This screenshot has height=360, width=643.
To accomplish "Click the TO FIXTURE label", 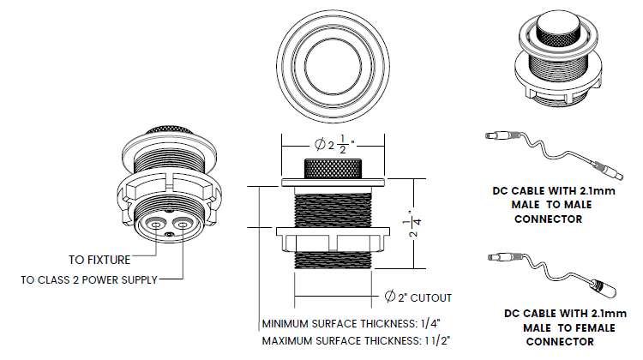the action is tap(99, 260).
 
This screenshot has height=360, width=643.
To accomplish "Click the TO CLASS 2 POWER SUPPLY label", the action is tap(89, 280).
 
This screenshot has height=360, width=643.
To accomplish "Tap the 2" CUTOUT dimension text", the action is tap(424, 297).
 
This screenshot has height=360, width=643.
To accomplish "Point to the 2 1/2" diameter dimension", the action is tap(334, 144).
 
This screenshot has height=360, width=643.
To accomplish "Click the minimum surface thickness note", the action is tap(351, 323).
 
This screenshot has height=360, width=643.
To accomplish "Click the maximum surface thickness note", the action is tap(356, 341).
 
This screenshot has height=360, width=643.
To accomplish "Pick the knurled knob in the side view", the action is tap(333, 169).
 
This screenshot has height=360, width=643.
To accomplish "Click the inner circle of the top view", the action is tap(333, 66).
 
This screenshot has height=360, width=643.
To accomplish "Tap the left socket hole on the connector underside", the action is tap(155, 225).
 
